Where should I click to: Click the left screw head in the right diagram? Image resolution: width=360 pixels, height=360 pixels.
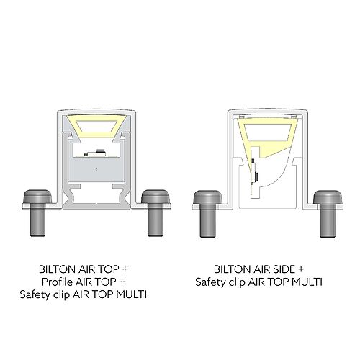207,197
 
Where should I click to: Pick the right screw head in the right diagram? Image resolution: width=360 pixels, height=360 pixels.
326,197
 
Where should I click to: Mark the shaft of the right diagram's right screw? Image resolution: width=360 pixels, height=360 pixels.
326,222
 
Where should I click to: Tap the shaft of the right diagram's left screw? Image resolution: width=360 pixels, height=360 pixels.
207,222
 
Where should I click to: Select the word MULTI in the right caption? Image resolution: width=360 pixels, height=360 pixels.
305,282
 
